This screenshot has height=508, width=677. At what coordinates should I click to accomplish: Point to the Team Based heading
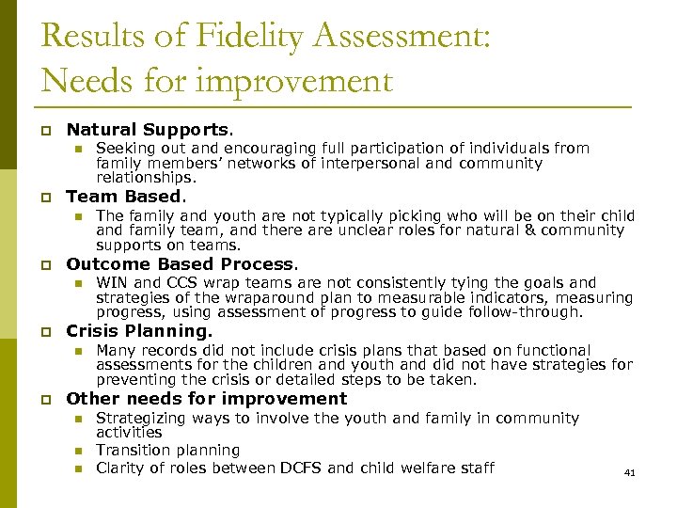[x=125, y=197]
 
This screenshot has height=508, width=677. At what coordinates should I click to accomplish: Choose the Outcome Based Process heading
[x=181, y=264]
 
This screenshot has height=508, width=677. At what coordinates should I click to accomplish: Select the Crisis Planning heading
[x=138, y=331]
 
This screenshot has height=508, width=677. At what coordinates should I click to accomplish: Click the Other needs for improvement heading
[x=206, y=399]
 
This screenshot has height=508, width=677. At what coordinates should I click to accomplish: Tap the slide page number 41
[x=629, y=473]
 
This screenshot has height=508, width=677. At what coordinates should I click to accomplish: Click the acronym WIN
[x=113, y=282]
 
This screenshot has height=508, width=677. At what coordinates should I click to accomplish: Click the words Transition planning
[x=167, y=451]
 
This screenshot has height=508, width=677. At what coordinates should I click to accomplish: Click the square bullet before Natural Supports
[x=45, y=131]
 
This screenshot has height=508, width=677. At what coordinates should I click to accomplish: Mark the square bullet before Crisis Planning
[x=45, y=332]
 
